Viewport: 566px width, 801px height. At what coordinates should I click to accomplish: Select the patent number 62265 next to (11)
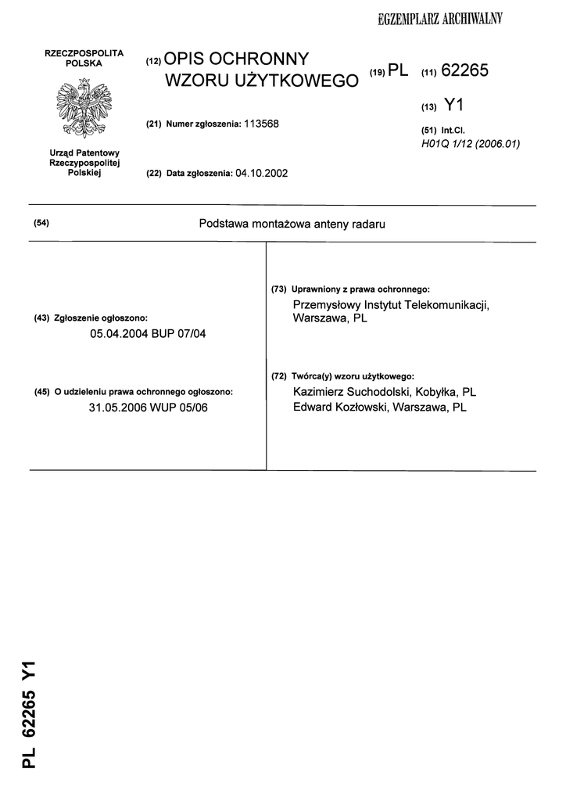pos(464,71)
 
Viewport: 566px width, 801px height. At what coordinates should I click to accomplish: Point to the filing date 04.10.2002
pos(261,173)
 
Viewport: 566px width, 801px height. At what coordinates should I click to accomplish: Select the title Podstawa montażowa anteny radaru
pos(292,224)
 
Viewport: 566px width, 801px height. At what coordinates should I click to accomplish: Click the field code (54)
pos(42,224)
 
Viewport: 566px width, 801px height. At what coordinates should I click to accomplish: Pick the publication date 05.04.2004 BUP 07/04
pos(149,334)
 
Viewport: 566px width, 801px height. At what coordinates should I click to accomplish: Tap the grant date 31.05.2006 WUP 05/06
pos(149,408)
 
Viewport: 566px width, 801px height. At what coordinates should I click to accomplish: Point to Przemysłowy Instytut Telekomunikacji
pos(391,304)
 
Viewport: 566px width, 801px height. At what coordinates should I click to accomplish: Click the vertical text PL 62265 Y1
pos(30,713)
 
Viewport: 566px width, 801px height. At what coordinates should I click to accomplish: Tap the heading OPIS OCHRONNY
pos(237,60)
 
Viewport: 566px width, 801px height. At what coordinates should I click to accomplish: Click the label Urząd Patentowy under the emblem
pos(84,153)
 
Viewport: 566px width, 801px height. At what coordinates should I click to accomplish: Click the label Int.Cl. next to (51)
pos(453,131)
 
